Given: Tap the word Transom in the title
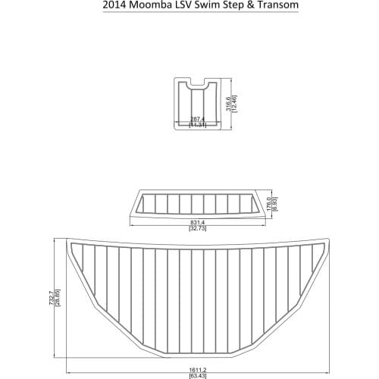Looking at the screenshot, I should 255,5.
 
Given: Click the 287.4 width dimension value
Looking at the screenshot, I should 199,120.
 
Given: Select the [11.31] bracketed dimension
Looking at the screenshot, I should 199,126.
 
